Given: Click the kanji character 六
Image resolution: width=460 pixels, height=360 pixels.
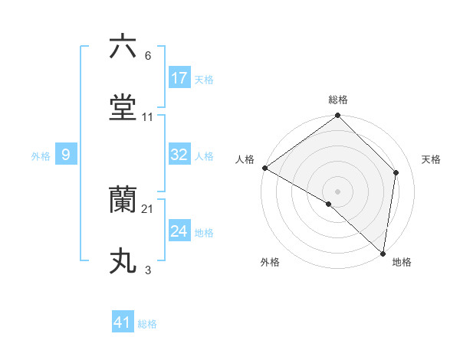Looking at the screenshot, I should click(x=123, y=47).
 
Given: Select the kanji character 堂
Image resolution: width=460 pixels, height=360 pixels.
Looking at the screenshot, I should click(x=123, y=108).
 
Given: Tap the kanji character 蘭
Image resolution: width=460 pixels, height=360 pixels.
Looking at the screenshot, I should click(x=123, y=201).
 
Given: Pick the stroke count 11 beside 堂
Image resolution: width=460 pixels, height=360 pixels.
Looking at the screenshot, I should click(x=147, y=117).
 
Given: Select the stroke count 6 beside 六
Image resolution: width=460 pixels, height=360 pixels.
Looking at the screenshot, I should click(x=148, y=56).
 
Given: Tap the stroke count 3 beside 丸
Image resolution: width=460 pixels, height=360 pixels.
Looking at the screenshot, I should click(x=148, y=270).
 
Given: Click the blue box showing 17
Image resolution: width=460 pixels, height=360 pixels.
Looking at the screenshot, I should click(x=179, y=77).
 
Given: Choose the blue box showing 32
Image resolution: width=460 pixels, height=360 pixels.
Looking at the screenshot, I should click(x=179, y=155).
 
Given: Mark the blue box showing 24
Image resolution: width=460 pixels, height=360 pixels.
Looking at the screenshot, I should click(x=179, y=231).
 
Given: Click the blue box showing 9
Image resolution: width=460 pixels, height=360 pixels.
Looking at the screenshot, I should click(x=66, y=155).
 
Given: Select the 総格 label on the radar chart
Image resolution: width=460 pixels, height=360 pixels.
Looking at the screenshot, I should click(x=338, y=100).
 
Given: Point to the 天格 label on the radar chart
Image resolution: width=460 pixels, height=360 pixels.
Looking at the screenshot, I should click(x=432, y=159).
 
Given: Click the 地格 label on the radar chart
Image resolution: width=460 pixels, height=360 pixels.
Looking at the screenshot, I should click(x=402, y=262).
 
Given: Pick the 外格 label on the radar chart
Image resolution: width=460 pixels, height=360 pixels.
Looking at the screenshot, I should click(x=270, y=262).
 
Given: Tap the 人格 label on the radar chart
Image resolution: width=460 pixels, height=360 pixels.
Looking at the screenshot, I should click(x=245, y=159).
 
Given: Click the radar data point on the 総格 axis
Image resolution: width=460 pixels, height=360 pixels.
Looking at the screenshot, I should click(x=338, y=116).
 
